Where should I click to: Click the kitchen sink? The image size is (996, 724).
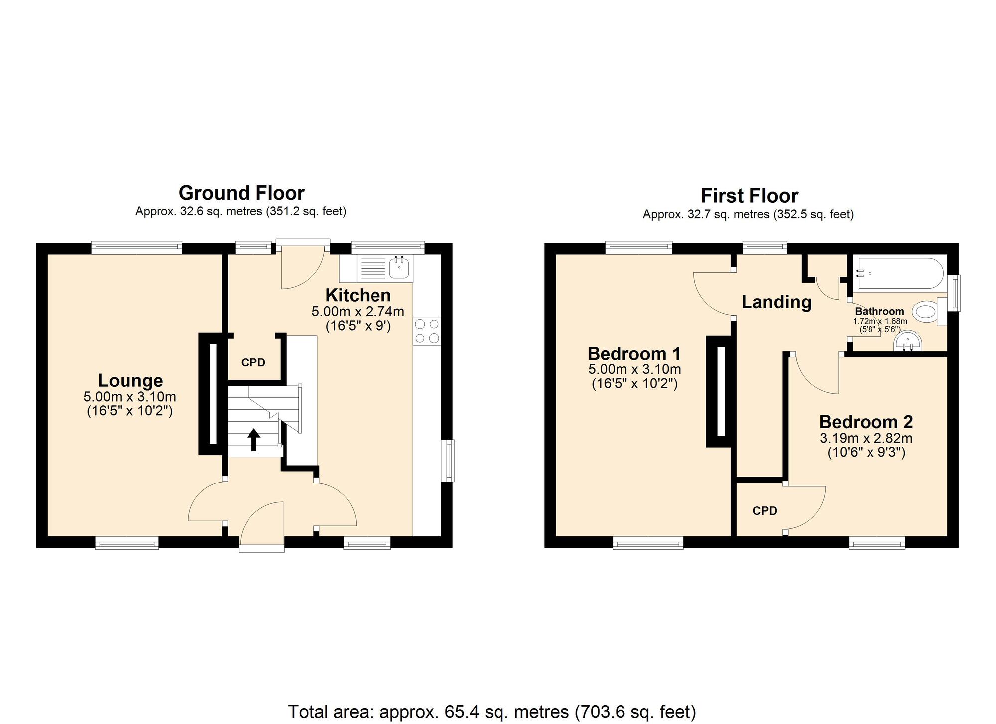coord(399,268)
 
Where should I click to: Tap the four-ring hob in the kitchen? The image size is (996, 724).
coord(427,331)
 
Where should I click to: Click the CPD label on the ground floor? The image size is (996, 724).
coord(253,362)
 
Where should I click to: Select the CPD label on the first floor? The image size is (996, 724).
coord(765,511)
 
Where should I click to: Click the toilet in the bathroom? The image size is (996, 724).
coord(926,312)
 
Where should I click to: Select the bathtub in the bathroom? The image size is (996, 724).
coord(899,273)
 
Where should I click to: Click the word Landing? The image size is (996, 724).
coord(776,302)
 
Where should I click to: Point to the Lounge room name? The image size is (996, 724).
coord(130,380)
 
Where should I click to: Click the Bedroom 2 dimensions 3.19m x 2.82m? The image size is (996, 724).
coord(866,438)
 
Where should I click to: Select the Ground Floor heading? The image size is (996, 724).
coord(242,193)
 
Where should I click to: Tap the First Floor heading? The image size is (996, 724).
coord(749,196)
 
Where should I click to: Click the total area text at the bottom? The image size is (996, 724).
coord(492,711)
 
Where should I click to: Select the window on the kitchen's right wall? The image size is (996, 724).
coord(449,460)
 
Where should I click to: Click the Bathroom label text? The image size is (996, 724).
coord(879,311)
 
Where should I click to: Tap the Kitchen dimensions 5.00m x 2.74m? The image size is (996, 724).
coord(358,312)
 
